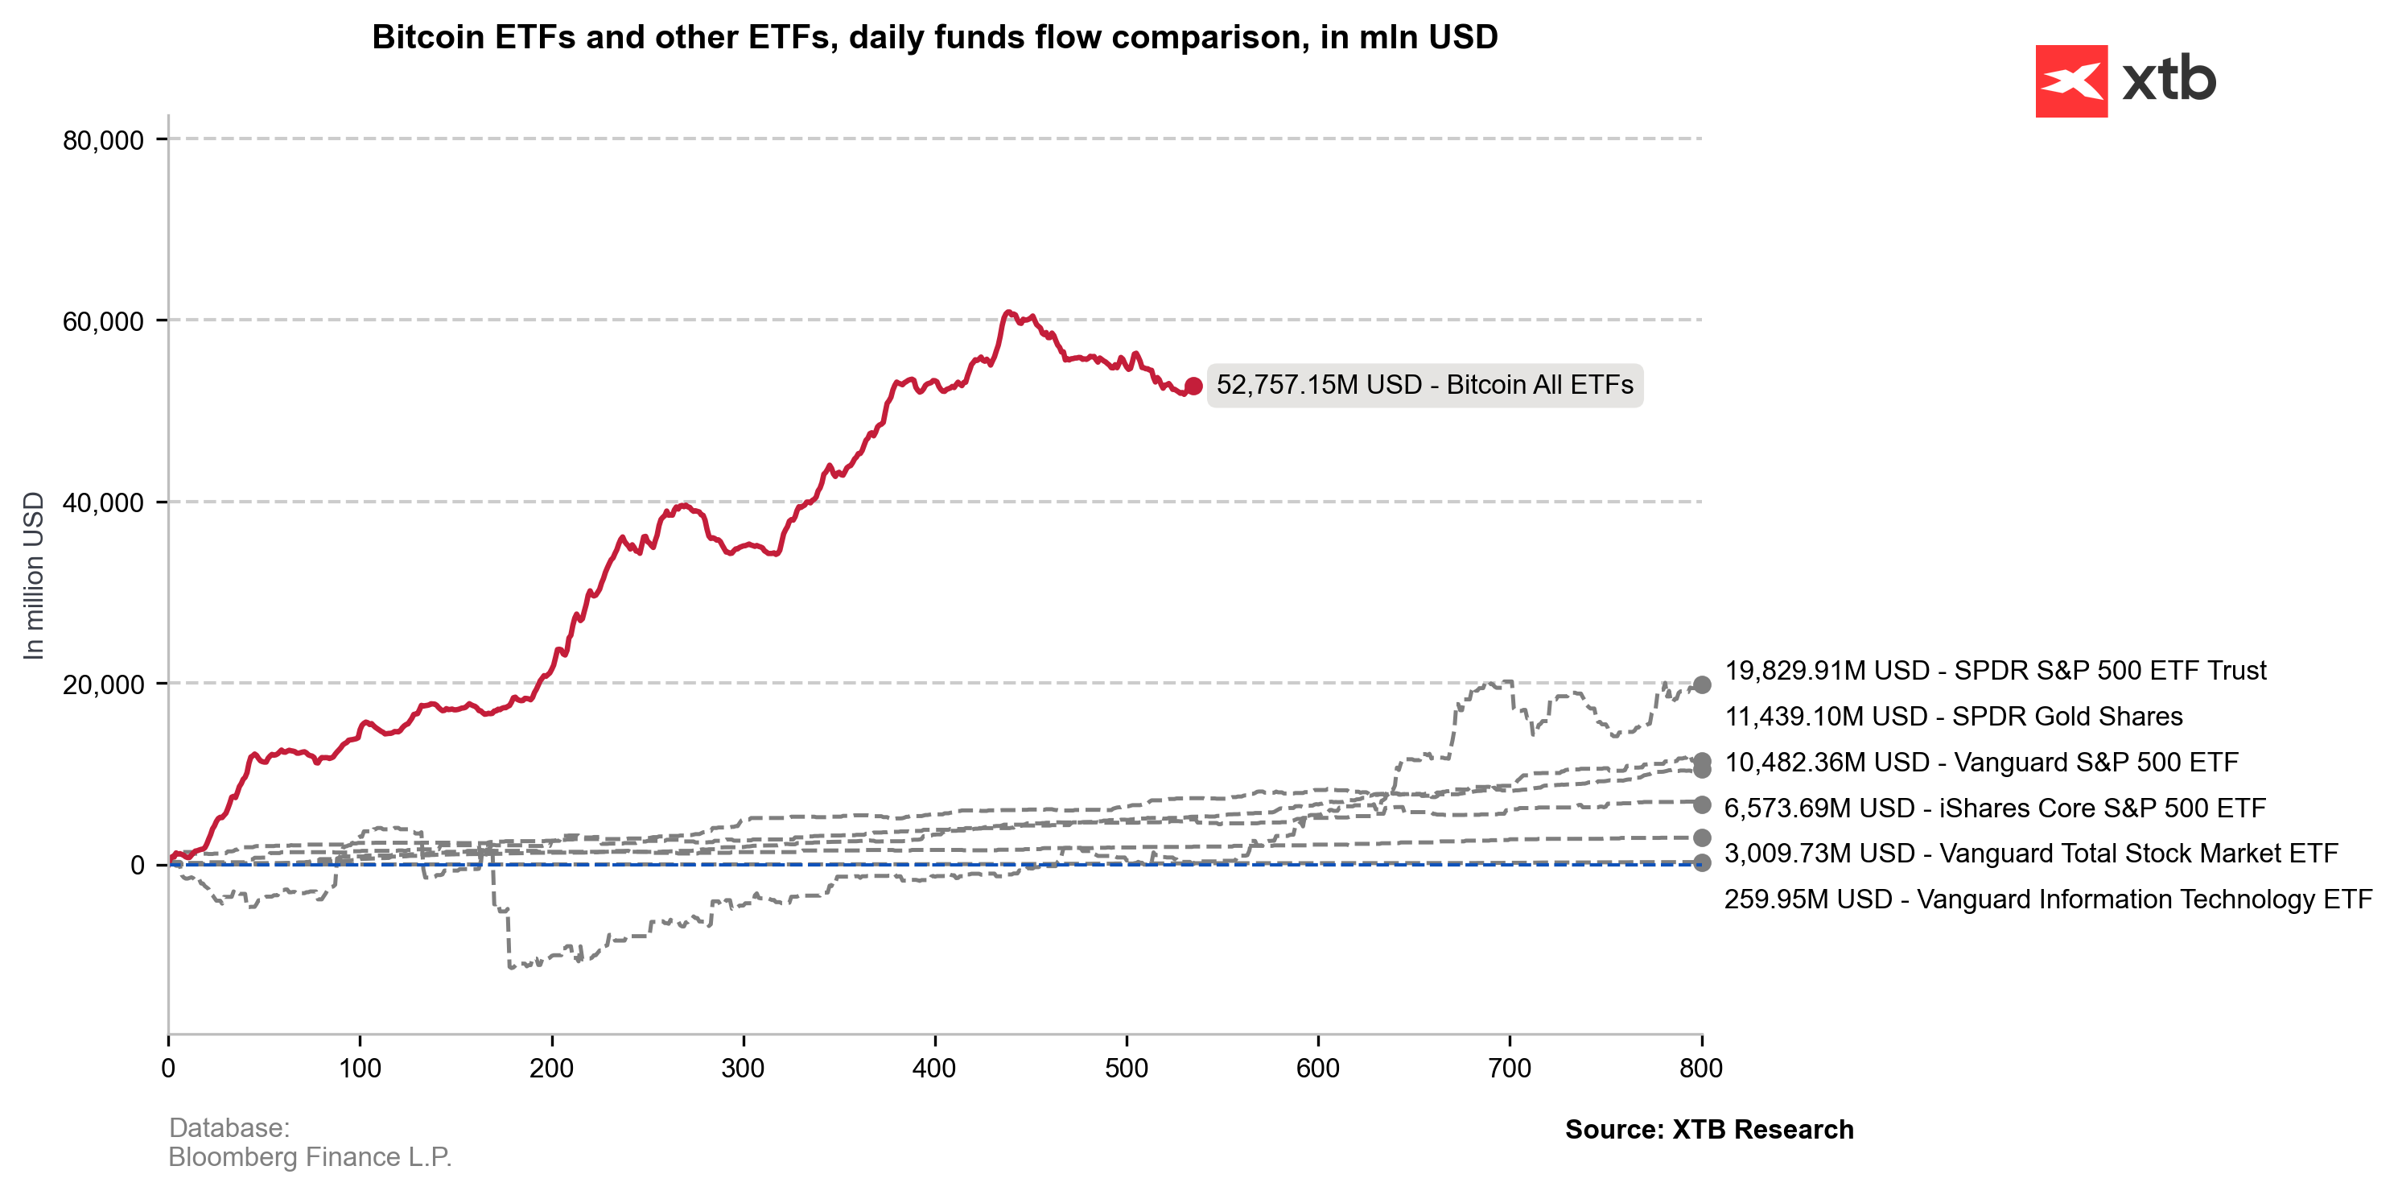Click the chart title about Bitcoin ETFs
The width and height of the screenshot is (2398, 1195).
(x=934, y=37)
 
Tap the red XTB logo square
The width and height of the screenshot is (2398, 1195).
(x=2071, y=81)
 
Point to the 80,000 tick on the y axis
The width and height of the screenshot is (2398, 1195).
(x=103, y=141)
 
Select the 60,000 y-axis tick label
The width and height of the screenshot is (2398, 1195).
(x=103, y=321)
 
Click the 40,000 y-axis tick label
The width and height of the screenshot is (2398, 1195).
(x=103, y=503)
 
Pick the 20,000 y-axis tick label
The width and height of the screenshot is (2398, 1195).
(x=103, y=684)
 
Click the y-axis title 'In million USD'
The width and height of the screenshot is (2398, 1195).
(x=34, y=576)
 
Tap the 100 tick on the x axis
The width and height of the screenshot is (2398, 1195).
(x=361, y=1068)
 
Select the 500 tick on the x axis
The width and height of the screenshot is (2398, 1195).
(x=1127, y=1068)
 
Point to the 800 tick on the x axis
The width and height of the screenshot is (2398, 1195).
(x=1701, y=1068)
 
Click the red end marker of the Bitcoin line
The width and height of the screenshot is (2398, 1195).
(x=1193, y=386)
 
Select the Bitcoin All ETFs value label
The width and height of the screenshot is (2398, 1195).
(x=1424, y=386)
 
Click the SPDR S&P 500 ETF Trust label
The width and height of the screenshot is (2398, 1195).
(x=1995, y=671)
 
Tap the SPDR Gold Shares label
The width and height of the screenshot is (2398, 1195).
(x=1953, y=716)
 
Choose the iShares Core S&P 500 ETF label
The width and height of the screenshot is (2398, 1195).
(x=1994, y=808)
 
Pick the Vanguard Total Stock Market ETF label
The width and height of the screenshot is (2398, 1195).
(x=2030, y=854)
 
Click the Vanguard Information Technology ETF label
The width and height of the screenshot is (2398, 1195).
(x=2047, y=899)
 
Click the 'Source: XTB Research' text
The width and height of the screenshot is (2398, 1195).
(x=1709, y=1129)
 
